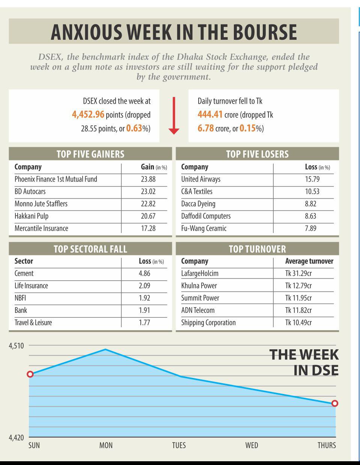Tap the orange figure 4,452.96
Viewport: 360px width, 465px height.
[88, 114]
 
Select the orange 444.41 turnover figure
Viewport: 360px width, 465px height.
[210, 114]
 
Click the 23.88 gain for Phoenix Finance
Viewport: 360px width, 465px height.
[148, 179]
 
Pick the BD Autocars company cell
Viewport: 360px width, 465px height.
[30, 192]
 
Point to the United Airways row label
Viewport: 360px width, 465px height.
[200, 179]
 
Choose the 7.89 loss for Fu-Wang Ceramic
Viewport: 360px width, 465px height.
[310, 228]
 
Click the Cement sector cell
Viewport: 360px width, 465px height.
[24, 273]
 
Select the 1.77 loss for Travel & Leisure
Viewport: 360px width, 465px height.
[145, 323]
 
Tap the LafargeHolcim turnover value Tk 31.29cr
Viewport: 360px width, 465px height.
[298, 273]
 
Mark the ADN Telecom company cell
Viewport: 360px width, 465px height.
[198, 310]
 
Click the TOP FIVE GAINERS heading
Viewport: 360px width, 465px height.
[90, 154]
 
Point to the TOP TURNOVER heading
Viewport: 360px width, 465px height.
[257, 249]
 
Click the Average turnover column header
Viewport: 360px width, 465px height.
[309, 261]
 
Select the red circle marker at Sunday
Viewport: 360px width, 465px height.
[30, 374]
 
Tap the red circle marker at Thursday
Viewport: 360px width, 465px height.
[335, 403]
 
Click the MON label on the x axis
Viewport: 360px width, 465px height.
[106, 445]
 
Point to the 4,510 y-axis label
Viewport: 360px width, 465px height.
[16, 346]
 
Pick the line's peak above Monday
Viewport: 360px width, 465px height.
[105, 349]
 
